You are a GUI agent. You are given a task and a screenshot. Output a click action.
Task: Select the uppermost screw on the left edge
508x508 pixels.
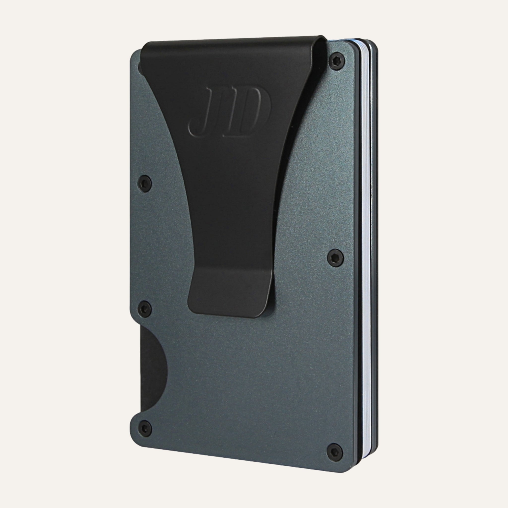coord(145,183)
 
